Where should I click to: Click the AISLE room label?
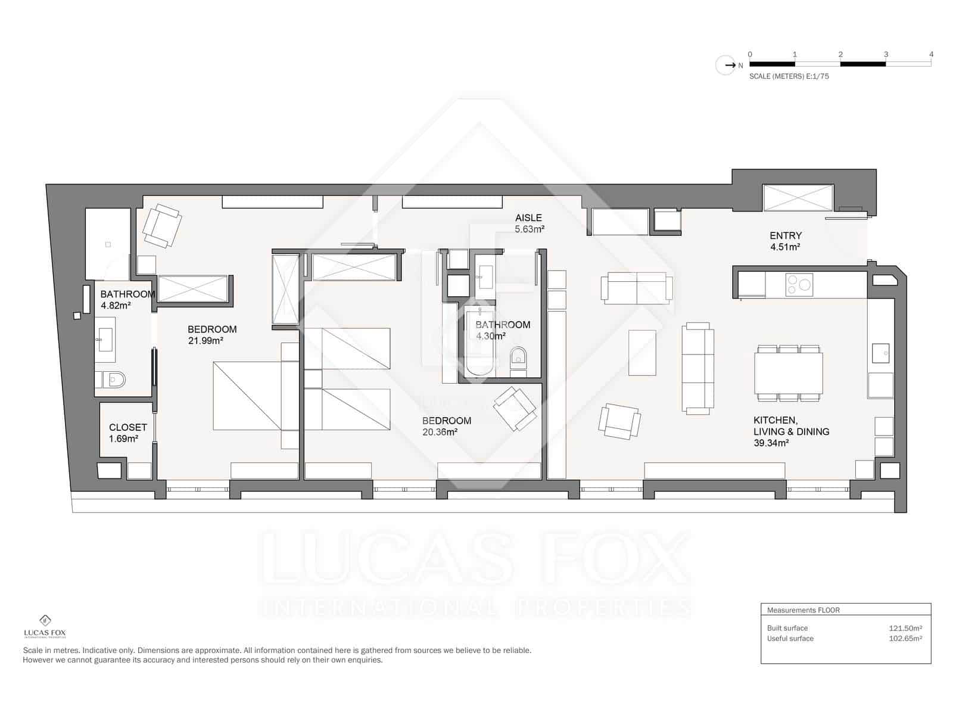coord(528,218)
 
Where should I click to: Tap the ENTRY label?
coord(786,236)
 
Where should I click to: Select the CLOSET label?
coord(127,428)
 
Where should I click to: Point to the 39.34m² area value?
coord(771,443)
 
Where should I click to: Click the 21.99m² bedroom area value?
coord(205,341)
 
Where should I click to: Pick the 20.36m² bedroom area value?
coord(440,432)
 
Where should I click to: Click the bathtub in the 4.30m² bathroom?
coord(479,341)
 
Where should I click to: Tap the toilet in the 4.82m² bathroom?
coord(111,380)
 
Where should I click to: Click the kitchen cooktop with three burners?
coord(799,285)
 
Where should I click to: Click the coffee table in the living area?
coord(642,353)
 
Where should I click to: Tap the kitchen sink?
coord(880,353)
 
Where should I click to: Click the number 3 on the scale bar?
coord(886,55)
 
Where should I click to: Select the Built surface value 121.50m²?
coord(905,628)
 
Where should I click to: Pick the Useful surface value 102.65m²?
coord(905,639)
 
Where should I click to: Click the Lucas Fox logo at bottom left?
coord(45,626)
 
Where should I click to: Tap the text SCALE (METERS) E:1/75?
coord(789,76)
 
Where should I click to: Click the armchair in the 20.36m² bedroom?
coord(515,409)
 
